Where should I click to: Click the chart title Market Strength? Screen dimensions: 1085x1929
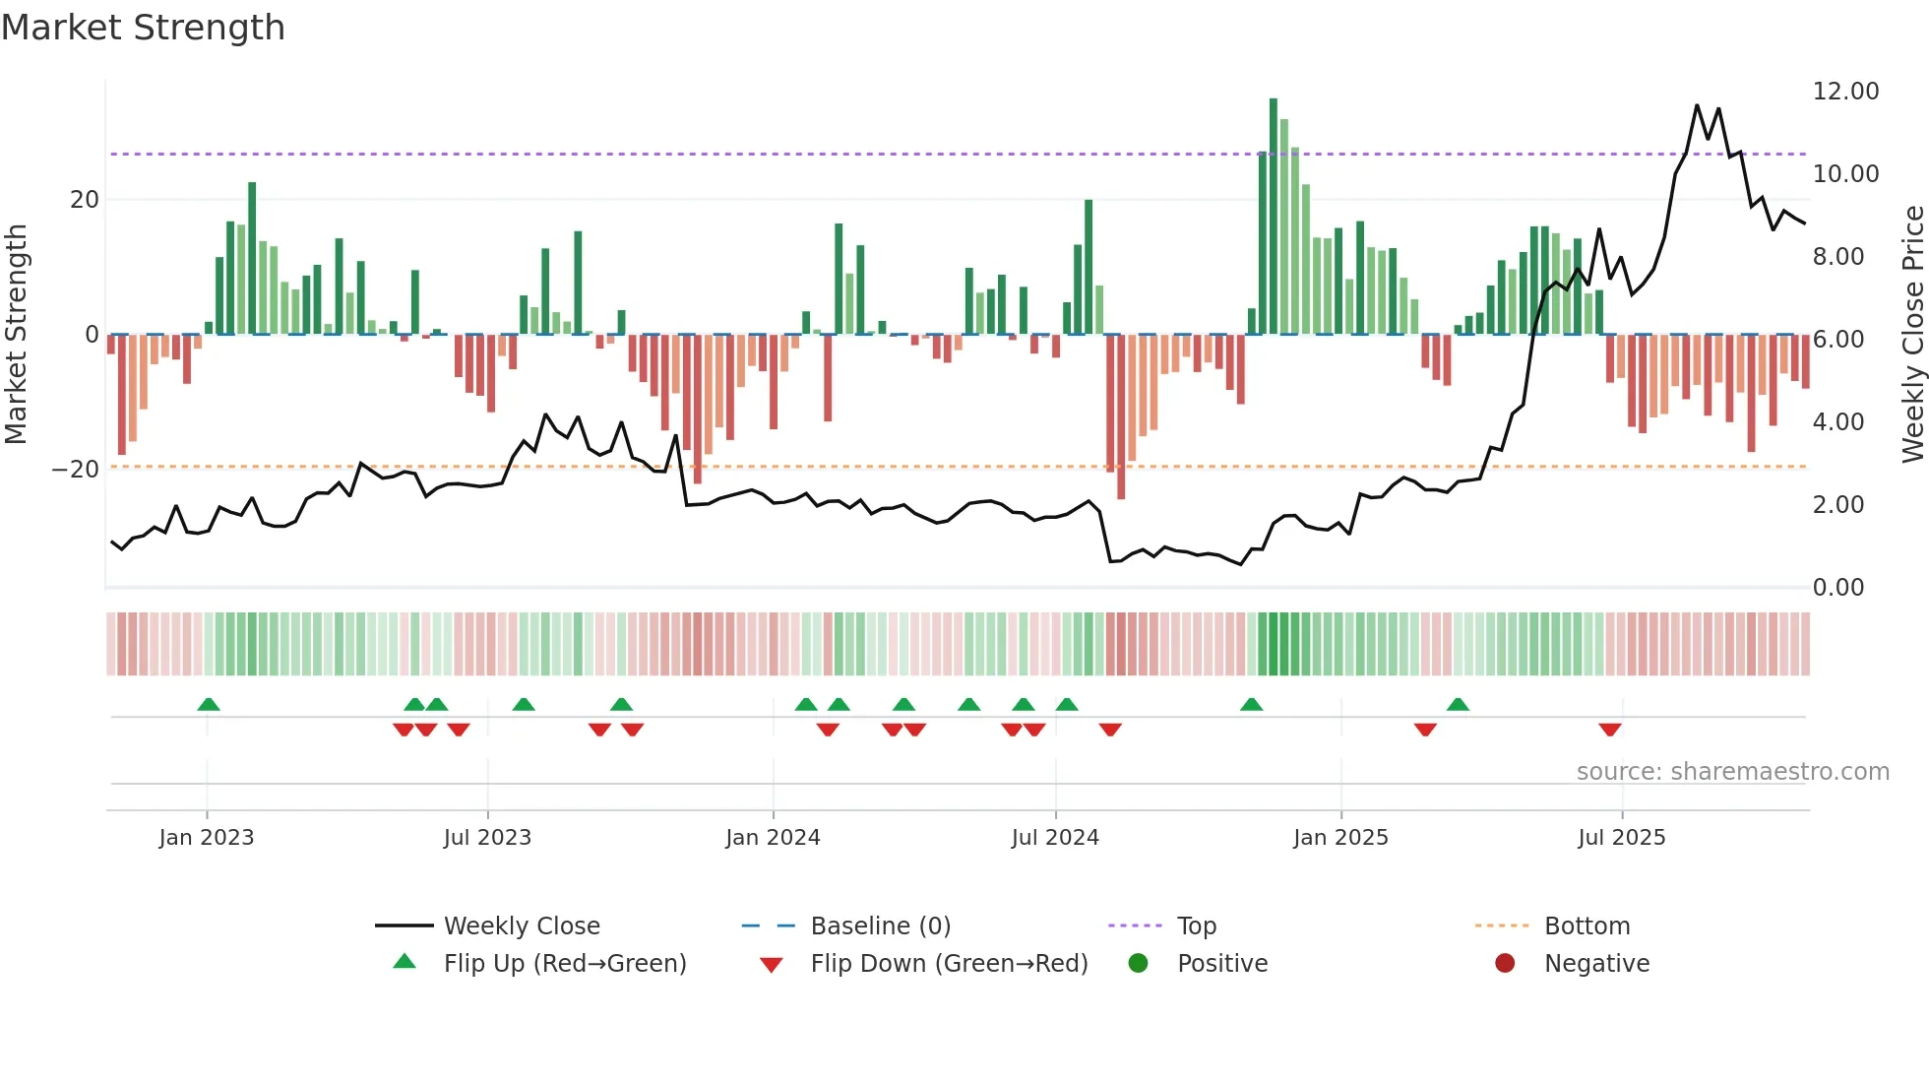point(143,28)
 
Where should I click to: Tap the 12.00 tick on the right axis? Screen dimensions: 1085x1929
point(1845,92)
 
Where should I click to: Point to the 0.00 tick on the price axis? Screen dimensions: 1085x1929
point(1837,588)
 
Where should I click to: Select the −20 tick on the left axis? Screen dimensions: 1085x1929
point(76,470)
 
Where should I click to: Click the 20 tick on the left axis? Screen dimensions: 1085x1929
point(84,200)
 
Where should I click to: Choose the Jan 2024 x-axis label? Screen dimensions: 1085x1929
point(773,838)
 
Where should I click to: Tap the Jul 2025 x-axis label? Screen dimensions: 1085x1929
point(1621,838)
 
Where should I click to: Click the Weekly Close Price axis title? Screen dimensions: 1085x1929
point(1912,335)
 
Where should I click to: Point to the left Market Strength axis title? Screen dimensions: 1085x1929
point(16,335)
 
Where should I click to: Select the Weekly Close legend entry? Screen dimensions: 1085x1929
point(521,926)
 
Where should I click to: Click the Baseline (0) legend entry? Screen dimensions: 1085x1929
point(880,926)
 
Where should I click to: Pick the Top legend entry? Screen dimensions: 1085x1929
point(1196,926)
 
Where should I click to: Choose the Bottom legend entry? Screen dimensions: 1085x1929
point(1587,926)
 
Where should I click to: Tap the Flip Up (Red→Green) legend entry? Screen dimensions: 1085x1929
point(564,964)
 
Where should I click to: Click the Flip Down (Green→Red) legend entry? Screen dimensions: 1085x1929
point(949,964)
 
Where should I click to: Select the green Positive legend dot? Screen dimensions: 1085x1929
point(1139,964)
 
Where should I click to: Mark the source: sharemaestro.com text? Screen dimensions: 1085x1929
point(1732,772)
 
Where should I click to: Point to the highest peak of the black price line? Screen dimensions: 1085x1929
point(1697,105)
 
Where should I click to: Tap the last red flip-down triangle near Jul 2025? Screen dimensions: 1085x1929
point(1610,730)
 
